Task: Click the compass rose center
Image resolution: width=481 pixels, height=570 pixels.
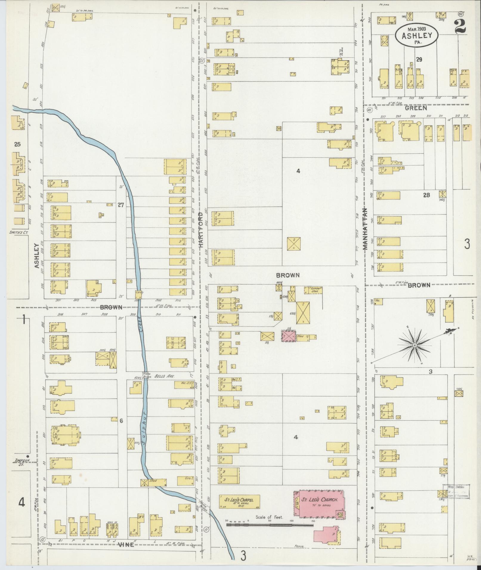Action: click(x=415, y=345)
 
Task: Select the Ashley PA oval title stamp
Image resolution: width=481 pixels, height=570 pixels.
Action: click(x=417, y=35)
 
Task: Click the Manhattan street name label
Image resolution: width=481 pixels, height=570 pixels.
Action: click(x=366, y=229)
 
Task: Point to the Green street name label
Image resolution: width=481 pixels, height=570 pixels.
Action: click(x=416, y=108)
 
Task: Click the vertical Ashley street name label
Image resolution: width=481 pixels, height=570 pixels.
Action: click(x=37, y=256)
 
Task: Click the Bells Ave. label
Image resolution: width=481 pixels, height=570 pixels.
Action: click(x=161, y=376)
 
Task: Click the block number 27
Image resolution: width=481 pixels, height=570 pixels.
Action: click(x=120, y=205)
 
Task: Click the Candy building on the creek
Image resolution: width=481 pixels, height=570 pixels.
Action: click(x=139, y=293)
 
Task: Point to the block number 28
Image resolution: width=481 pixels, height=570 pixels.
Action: click(x=426, y=195)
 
